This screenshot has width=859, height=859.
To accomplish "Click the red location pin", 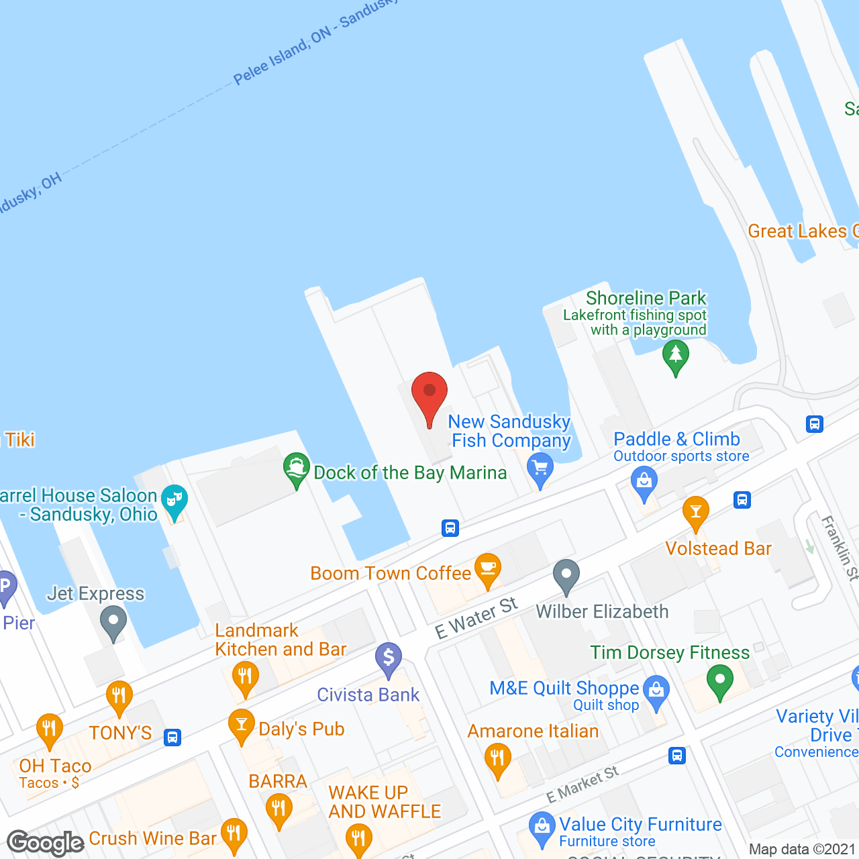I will coord(429,396).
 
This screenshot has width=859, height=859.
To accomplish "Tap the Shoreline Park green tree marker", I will coord(675,356).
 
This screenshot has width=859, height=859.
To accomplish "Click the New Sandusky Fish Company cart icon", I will coord(540,468).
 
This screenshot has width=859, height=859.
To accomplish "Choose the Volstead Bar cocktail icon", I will coord(695,513).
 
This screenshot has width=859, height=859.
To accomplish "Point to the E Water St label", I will coord(476,618).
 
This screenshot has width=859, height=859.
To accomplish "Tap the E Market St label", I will coord(582,784).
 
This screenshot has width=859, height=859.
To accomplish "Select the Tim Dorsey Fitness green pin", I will coord(719,680).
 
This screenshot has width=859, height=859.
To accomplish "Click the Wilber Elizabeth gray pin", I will coord(566,575).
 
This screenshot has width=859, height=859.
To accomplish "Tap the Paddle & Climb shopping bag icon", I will coord(644,483).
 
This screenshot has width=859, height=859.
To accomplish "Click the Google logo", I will coord(46,843).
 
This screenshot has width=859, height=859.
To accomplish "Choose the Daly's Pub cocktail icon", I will coord(241,725).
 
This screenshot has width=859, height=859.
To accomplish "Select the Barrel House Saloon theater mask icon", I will coord(174,501).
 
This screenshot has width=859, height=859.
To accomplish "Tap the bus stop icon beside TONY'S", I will coord(172,737).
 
